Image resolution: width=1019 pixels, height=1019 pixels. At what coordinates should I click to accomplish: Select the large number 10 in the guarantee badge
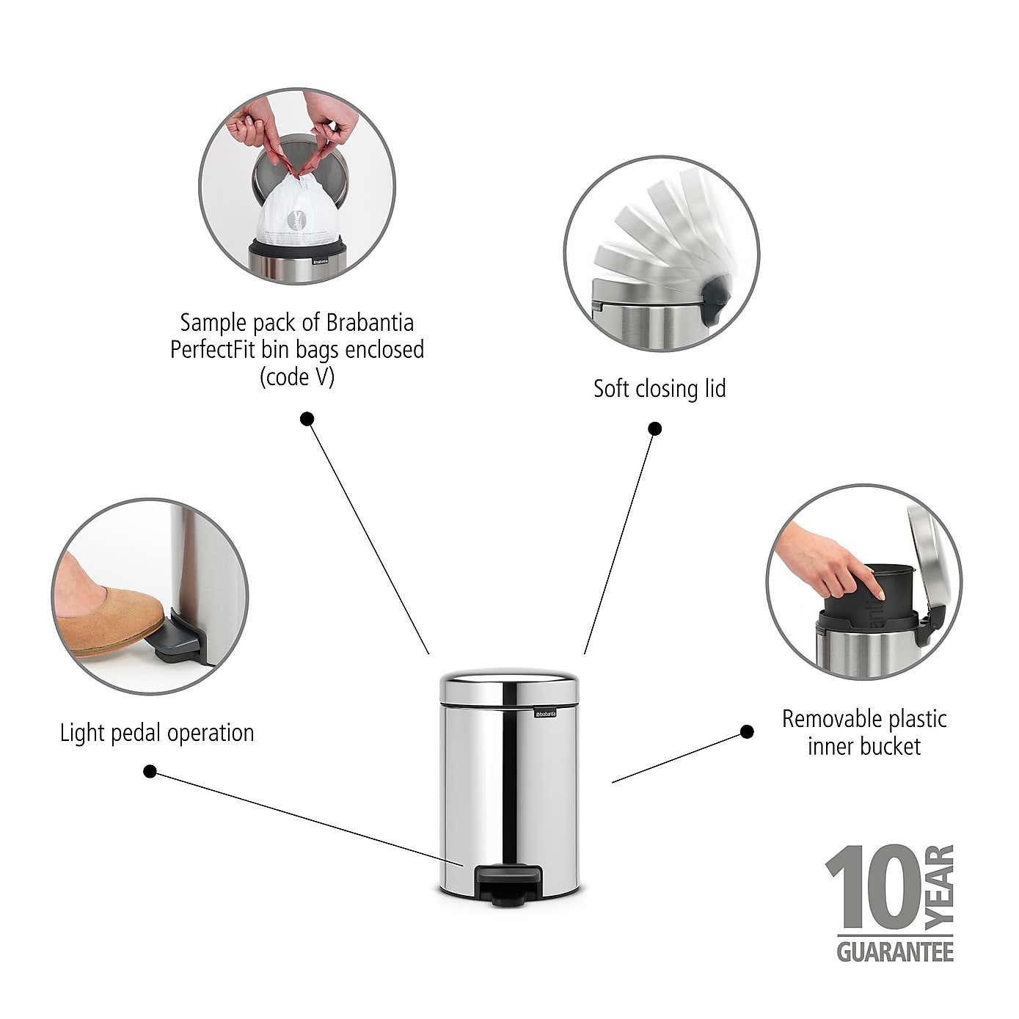pos(873,888)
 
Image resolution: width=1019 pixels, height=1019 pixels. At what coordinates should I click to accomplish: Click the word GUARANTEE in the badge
pos(895,952)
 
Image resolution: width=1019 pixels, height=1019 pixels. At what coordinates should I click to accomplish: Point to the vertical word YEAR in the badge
pos(940,886)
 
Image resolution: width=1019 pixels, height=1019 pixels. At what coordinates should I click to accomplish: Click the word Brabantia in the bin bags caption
pos(370,323)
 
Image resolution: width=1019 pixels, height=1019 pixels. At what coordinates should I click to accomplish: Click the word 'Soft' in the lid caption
pos(611,388)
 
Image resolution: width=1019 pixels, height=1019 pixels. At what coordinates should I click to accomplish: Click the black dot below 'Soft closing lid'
pos(655,428)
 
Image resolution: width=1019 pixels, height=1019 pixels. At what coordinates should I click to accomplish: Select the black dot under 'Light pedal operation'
pos(150,771)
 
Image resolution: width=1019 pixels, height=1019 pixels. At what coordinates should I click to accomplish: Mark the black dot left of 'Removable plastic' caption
pos(747,731)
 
